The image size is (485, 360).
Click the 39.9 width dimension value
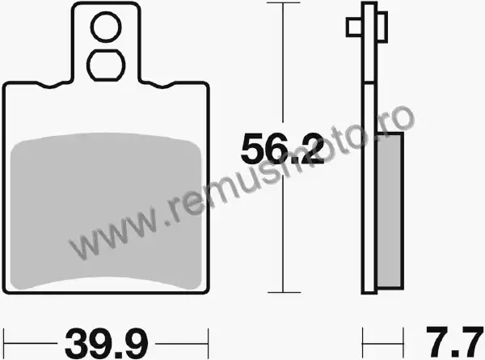click(107, 344)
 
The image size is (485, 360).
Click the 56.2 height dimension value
click(282, 148)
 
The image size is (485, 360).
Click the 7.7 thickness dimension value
click(454, 341)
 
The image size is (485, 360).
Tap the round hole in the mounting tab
click(106, 27)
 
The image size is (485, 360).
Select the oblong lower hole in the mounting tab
click(106, 66)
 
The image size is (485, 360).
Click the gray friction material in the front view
click(106, 211)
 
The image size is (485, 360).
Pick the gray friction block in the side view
click(390, 210)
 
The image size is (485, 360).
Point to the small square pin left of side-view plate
click(354, 28)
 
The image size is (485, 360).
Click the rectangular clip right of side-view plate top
click(382, 27)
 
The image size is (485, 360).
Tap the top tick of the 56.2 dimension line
click(283, 2)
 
